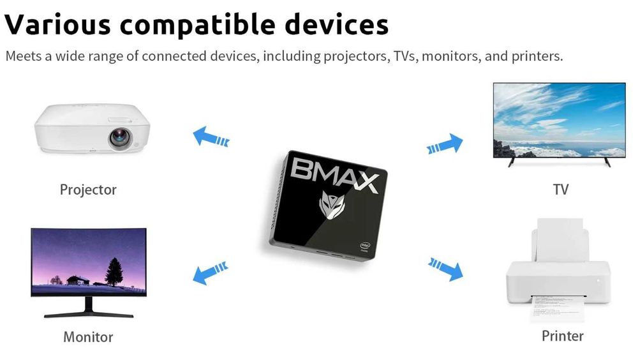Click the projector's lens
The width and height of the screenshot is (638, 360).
point(120,138)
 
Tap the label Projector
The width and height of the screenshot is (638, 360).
point(88,190)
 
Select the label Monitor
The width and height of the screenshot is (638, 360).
point(88,336)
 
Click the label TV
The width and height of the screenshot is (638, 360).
point(561,190)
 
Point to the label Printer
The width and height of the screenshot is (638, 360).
point(562,335)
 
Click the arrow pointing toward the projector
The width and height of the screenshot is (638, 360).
point(210,136)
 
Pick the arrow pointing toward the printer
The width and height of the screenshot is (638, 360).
point(445,267)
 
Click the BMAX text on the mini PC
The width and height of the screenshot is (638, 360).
point(336,176)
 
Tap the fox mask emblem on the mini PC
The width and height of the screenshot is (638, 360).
point(331,206)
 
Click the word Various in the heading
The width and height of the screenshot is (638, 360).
point(57,24)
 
